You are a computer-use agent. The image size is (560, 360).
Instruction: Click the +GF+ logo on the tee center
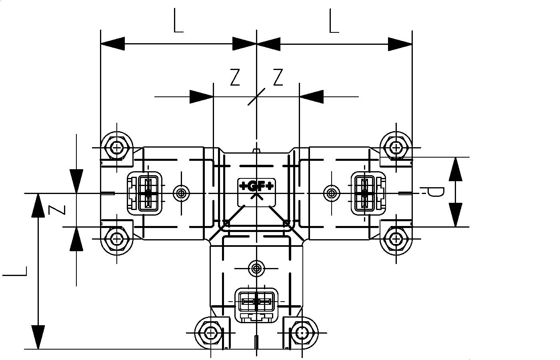coord(256,186)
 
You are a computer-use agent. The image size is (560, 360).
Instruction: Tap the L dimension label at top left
coord(178,22)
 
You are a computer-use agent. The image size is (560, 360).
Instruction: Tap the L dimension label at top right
coord(334,22)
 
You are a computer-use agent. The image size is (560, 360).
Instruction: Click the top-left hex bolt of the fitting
coord(116,147)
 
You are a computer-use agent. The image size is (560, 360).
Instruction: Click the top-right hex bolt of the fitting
coord(396,147)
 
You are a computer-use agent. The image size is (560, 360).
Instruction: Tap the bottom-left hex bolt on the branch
coord(210,332)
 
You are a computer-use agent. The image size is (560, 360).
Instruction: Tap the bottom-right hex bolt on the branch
coord(303,332)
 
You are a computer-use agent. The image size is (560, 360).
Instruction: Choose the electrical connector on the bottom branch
coord(256,302)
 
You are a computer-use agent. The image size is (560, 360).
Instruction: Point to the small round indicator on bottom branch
coord(256,268)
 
